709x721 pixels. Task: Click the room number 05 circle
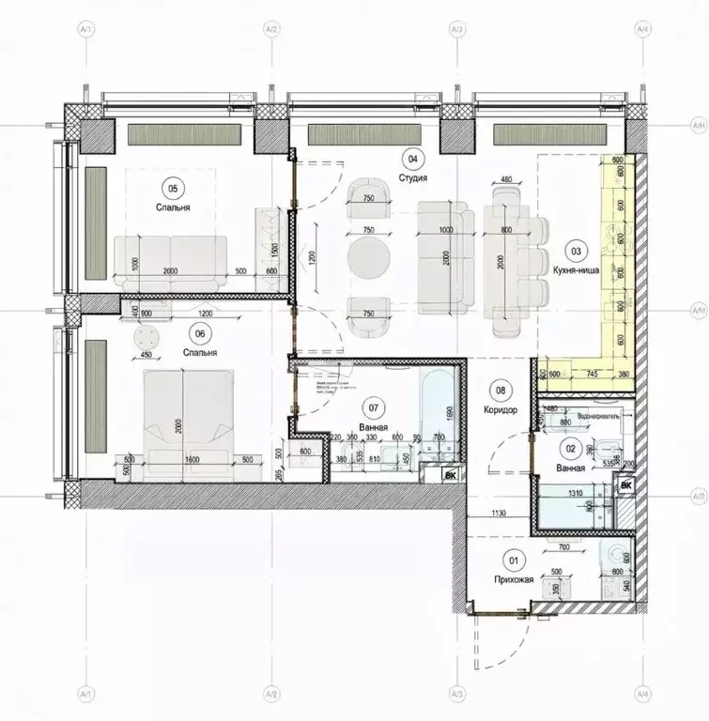click(170, 185)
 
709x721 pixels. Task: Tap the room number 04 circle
click(410, 158)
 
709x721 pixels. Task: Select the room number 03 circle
click(577, 251)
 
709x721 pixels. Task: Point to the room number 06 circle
click(198, 330)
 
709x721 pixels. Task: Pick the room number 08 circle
click(501, 391)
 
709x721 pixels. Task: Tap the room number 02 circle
click(571, 449)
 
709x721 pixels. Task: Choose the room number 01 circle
click(514, 562)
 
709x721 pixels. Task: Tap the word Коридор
click(501, 409)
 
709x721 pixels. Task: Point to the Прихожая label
click(515, 580)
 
